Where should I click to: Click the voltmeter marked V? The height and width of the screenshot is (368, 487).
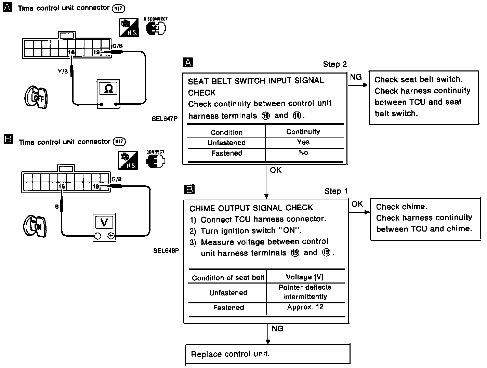(104, 227)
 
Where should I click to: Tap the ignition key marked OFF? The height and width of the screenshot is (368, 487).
(36, 97)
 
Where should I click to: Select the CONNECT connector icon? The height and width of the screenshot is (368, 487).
(155, 161)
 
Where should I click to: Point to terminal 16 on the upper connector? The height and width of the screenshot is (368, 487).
(71, 52)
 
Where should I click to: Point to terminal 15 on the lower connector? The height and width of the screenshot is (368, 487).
(61, 186)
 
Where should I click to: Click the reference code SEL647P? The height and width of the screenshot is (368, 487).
(165, 119)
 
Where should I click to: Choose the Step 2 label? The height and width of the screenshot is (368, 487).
(335, 64)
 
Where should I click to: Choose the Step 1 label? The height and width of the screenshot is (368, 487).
(336, 191)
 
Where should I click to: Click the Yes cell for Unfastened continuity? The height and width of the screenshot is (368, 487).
(303, 142)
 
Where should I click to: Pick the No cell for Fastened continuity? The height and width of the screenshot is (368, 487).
(303, 153)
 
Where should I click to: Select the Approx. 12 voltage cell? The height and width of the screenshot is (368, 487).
(305, 307)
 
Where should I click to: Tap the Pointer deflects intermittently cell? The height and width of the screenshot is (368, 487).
(305, 292)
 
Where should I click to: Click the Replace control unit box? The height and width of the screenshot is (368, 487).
(268, 354)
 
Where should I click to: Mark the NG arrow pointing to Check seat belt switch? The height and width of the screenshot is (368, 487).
(358, 84)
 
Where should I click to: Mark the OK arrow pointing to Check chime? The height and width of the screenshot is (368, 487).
(359, 212)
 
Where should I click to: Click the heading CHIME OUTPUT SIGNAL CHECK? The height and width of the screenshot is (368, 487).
(251, 208)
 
